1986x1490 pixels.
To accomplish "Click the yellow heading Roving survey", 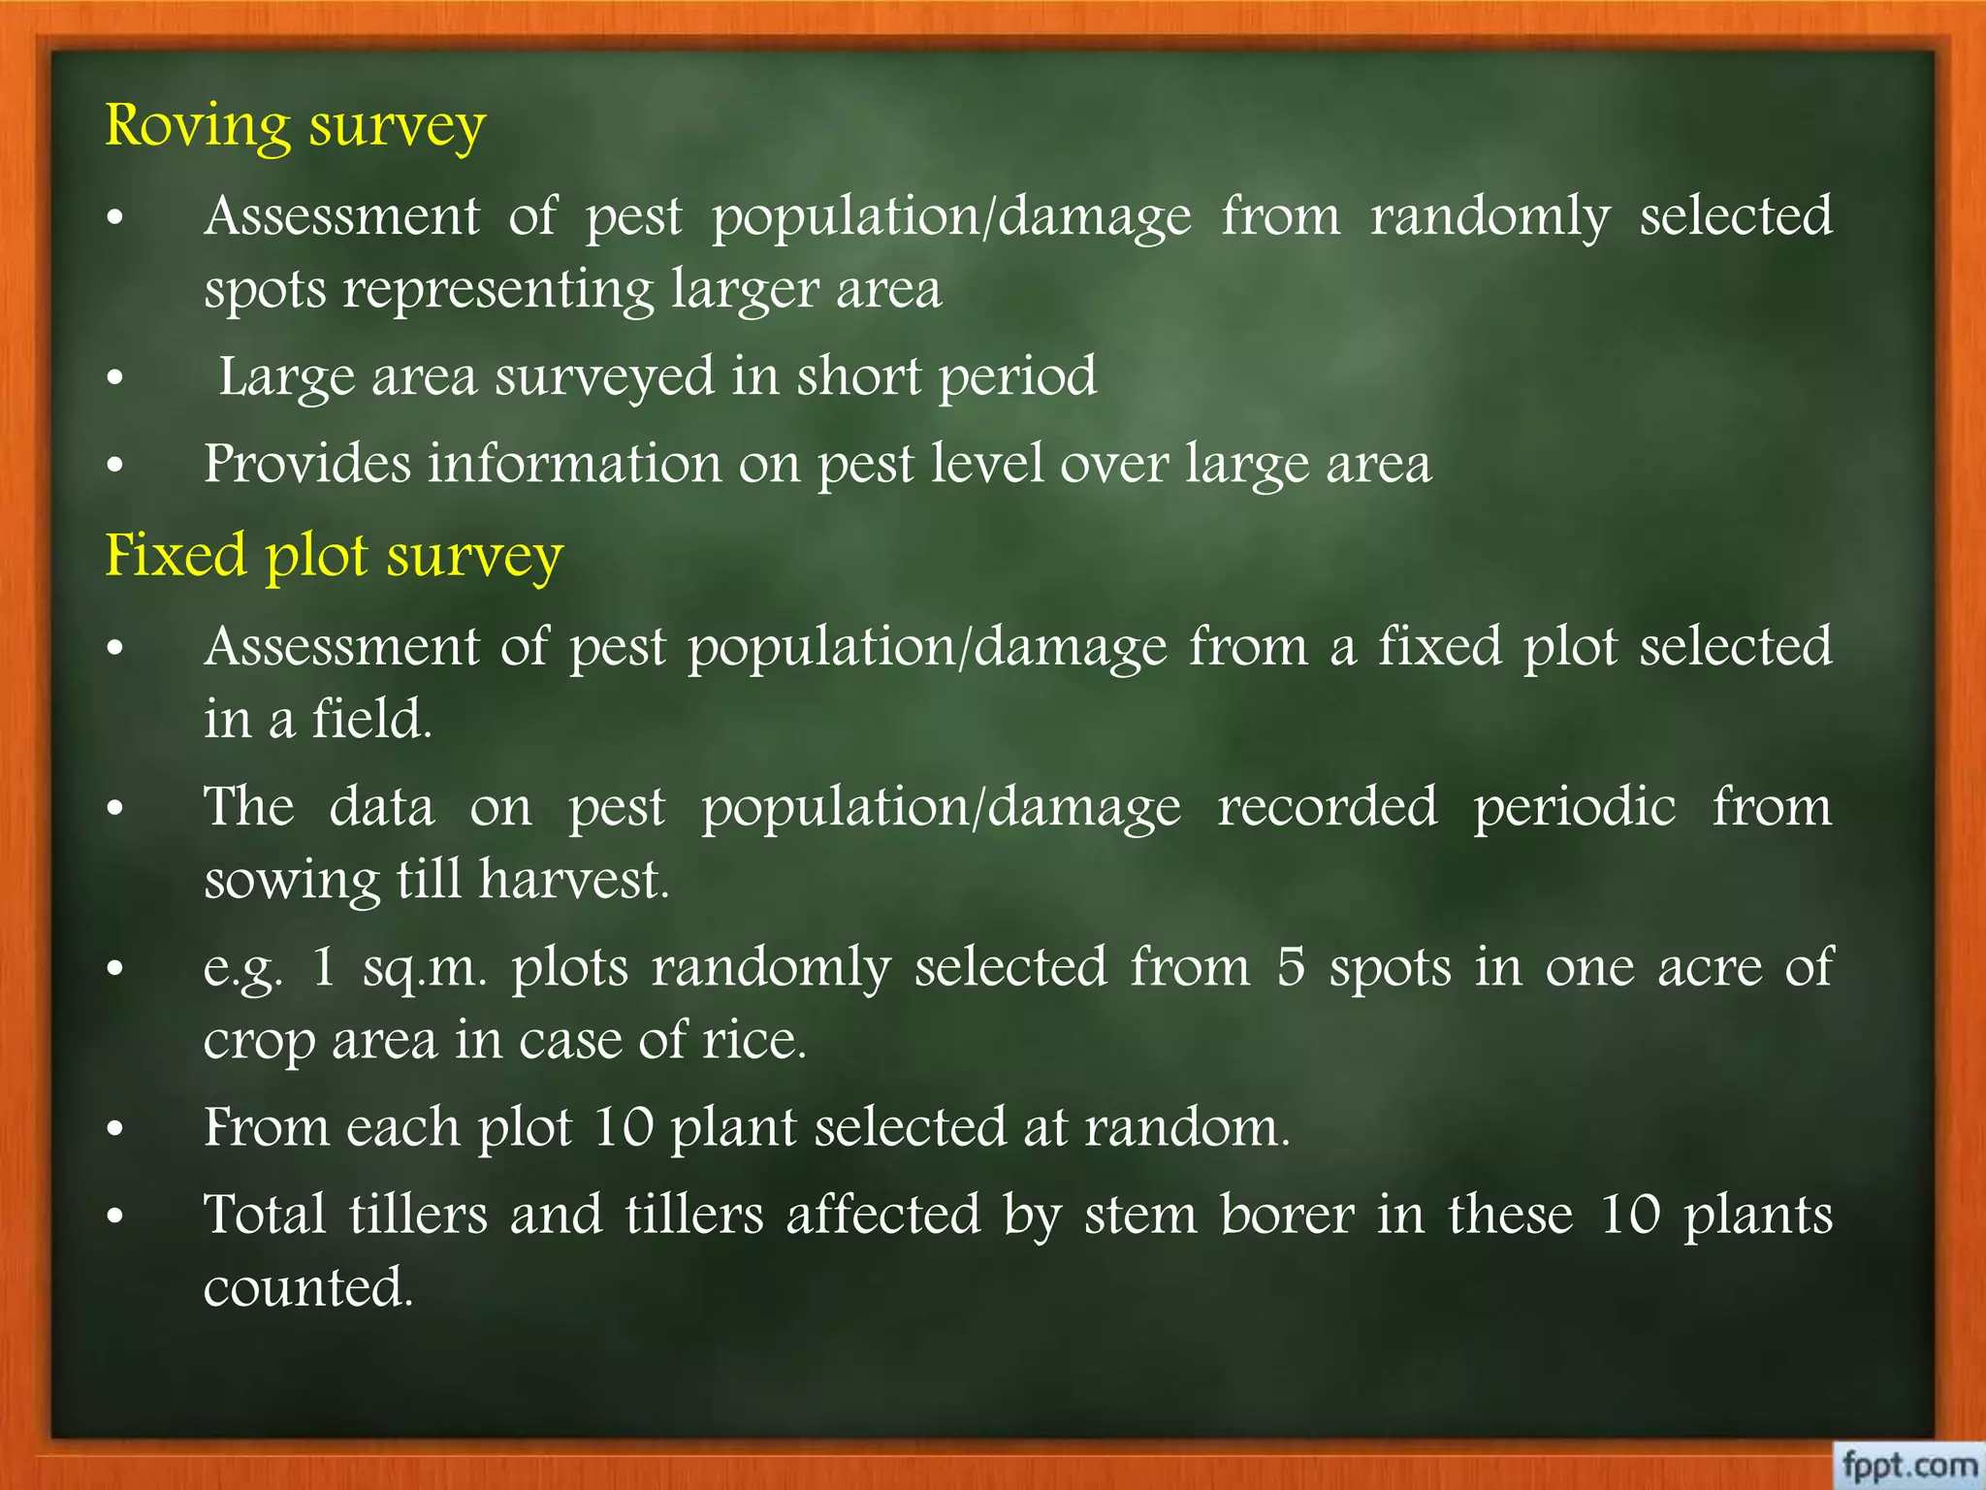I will [x=295, y=127].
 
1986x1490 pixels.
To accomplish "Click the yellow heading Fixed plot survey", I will [x=334, y=557].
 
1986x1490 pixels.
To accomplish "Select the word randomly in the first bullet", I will [x=1489, y=216].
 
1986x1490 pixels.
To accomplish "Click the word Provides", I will [x=306, y=464].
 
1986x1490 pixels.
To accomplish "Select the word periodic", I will [x=1574, y=807].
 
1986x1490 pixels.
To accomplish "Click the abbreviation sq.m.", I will [x=425, y=968].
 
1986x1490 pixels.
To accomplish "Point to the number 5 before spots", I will [x=1290, y=967].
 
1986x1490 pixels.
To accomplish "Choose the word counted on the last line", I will [x=308, y=1288].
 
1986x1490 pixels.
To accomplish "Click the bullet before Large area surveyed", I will [x=115, y=377].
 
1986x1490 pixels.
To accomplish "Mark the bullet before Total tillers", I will [x=115, y=1215].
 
